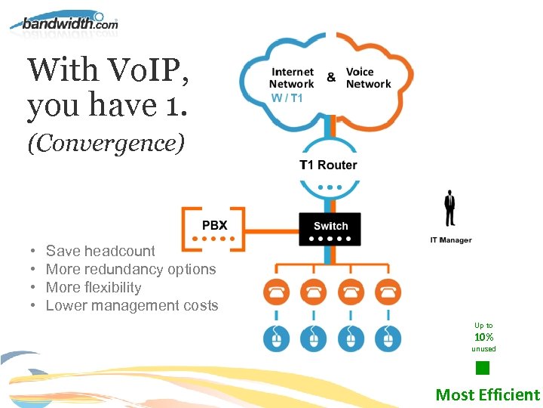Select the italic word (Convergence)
[106, 144]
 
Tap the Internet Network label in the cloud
[292, 78]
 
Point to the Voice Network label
[368, 78]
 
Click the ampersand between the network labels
[331, 77]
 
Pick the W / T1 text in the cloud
[287, 97]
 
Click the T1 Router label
[328, 165]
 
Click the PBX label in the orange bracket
[214, 225]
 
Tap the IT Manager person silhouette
[450, 208]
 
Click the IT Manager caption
[450, 240]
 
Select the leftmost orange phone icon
[276, 291]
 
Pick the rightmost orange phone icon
[388, 291]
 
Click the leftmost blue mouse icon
[276, 338]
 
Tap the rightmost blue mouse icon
[388, 338]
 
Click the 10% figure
[483, 337]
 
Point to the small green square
[483, 369]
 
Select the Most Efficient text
[488, 394]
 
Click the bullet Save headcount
[100, 251]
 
